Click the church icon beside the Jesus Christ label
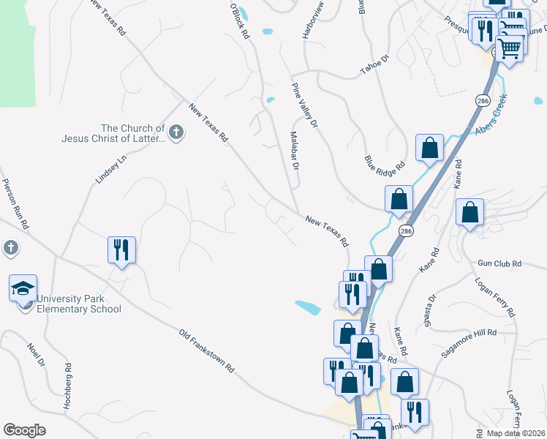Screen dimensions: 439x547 click(176, 132)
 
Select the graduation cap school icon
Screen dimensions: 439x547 click(23, 288)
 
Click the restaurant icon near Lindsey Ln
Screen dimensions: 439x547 click(121, 249)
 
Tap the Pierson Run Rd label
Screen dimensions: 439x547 click(15, 204)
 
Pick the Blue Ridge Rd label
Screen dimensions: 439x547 click(385, 165)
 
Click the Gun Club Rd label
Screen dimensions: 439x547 click(499, 263)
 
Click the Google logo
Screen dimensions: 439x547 click(24, 430)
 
